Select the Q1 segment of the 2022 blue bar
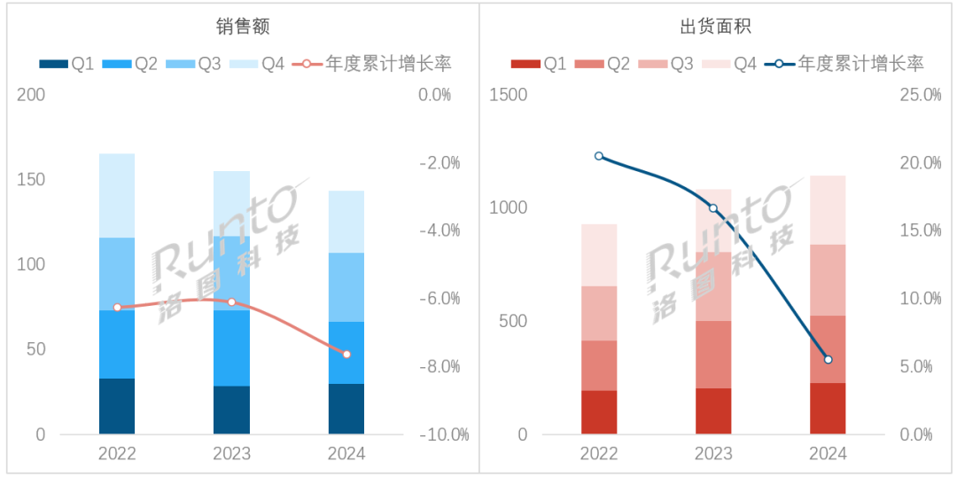(x=117, y=406)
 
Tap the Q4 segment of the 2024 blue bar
(x=346, y=222)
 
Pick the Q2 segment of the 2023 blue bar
(x=231, y=348)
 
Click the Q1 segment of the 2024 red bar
(x=828, y=408)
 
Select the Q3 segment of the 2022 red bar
(x=599, y=313)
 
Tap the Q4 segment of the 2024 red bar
(x=828, y=210)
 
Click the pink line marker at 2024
(x=346, y=354)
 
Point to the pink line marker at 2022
(x=117, y=307)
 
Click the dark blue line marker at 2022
(x=599, y=156)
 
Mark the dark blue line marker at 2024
(x=828, y=359)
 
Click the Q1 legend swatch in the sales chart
(x=53, y=64)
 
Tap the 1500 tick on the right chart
(x=508, y=95)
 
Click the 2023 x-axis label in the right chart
(x=713, y=454)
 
